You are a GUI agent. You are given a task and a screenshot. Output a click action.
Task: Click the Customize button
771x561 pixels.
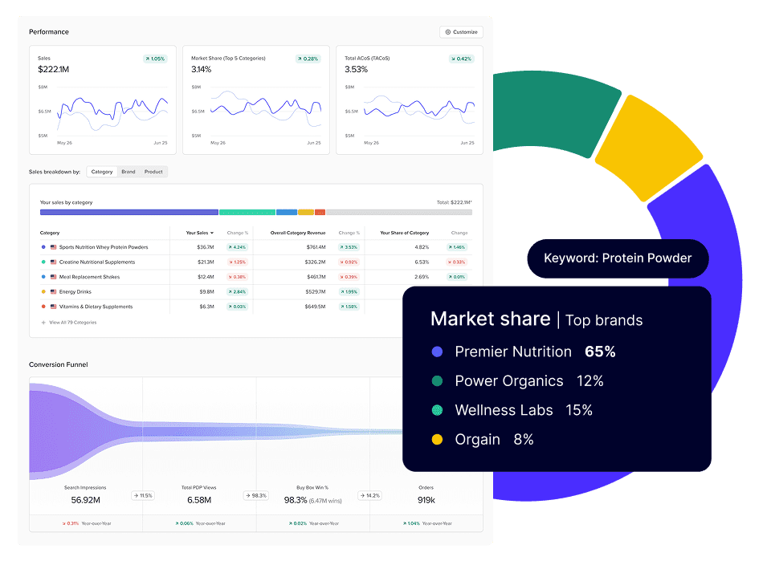(461, 32)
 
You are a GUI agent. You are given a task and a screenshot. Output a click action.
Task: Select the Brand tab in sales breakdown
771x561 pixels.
(128, 172)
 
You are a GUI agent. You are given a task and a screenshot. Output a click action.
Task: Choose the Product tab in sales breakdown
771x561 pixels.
(153, 172)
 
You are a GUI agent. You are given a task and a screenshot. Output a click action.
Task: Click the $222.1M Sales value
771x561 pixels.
(53, 70)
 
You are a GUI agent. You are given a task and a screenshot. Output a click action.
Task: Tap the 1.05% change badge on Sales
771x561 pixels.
(155, 59)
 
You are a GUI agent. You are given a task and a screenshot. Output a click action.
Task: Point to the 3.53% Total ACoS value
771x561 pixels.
(356, 70)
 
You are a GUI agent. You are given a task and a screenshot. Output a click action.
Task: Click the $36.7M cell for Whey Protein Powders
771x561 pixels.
(205, 247)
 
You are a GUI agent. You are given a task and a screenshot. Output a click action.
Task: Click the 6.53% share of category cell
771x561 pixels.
(421, 262)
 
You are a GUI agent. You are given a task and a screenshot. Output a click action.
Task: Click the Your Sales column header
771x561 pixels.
(199, 233)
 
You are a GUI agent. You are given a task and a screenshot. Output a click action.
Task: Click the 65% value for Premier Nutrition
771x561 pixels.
(599, 352)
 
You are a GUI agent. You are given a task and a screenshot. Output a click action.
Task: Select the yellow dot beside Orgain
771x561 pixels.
(437, 440)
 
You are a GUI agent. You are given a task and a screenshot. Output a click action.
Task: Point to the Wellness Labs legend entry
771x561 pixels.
(504, 410)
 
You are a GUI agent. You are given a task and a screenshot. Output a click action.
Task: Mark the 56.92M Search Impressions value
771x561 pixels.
(85, 500)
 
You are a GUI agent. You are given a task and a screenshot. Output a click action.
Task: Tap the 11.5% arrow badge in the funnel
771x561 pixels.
(143, 496)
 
